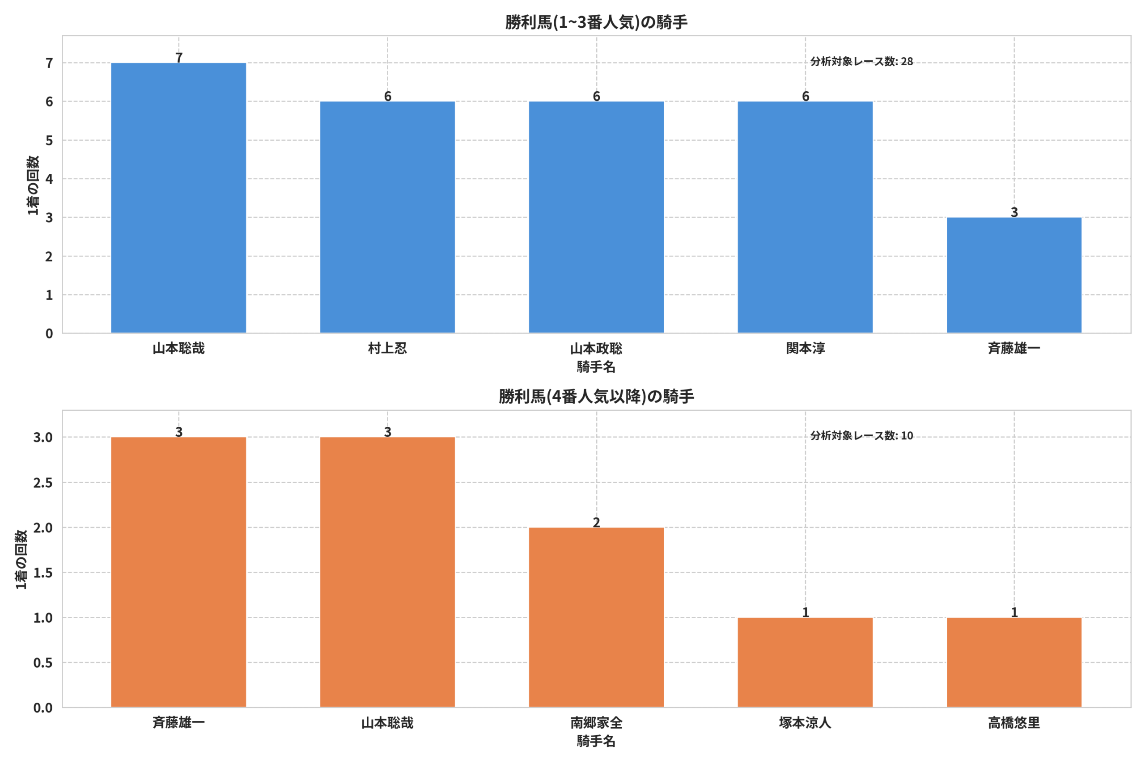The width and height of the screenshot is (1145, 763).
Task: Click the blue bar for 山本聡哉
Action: pos(178,198)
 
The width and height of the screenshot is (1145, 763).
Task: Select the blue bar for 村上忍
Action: pos(387,218)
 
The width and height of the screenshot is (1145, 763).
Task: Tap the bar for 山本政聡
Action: pos(596,218)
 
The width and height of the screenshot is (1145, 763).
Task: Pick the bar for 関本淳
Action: pos(805,218)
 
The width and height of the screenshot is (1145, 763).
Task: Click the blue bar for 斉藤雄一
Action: pos(1014,275)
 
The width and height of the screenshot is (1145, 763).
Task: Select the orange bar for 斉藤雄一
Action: pos(178,572)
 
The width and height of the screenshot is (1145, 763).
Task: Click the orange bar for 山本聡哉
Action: pos(387,572)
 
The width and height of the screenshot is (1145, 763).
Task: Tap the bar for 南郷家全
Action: pos(596,617)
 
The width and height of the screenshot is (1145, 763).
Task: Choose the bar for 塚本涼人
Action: pos(805,662)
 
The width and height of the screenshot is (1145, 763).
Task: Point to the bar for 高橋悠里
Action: pos(1014,662)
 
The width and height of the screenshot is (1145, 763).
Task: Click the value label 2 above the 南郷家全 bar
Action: pos(596,522)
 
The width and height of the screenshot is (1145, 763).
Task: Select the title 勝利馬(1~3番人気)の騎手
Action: pos(596,22)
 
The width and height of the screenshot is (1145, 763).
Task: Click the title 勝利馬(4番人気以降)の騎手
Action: pos(596,396)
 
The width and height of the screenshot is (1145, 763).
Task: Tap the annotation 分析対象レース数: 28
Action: pos(862,61)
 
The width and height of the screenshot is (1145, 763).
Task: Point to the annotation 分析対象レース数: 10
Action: pos(862,435)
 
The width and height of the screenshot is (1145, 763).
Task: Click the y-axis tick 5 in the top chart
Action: pos(49,141)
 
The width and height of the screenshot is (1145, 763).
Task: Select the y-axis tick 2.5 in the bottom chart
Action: pos(43,483)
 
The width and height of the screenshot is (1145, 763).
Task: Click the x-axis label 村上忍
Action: pos(387,348)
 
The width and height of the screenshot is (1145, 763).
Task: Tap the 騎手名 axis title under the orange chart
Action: pos(596,741)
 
